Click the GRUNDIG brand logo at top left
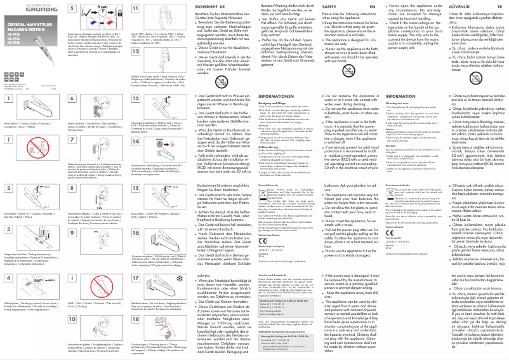21,8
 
